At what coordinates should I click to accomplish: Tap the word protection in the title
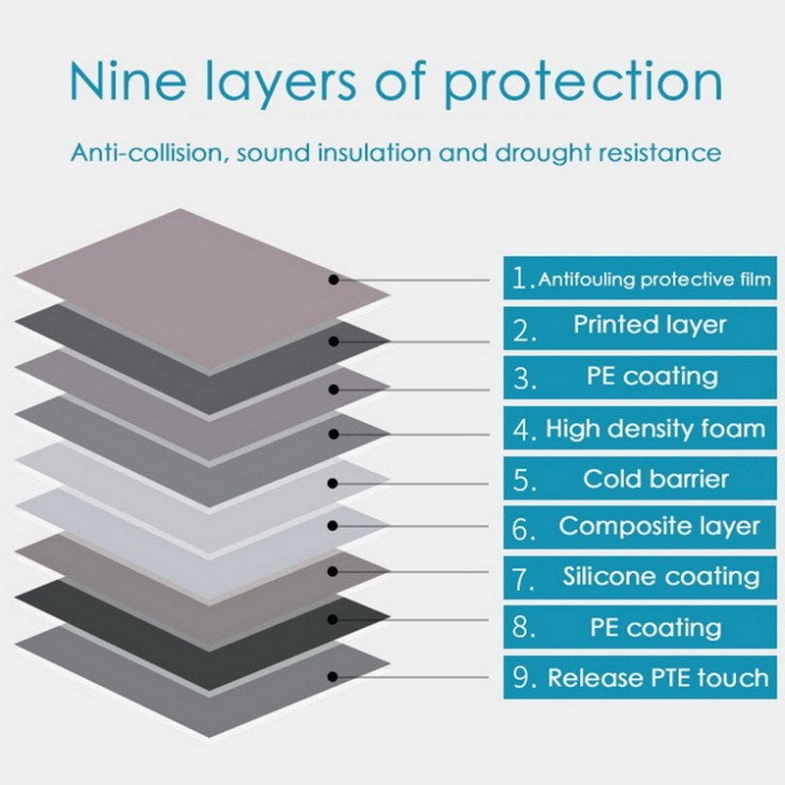pos(585,86)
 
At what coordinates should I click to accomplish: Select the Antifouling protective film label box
pos(640,279)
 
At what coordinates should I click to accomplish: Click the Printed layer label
pos(650,326)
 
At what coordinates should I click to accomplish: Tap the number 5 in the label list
pos(524,481)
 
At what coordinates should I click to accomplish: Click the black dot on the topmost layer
pos(335,280)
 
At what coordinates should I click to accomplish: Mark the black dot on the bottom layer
pos(335,676)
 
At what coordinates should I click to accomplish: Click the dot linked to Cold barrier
pos(335,483)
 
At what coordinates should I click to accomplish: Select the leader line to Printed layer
pos(422,341)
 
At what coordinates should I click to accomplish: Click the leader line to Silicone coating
pos(422,571)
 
